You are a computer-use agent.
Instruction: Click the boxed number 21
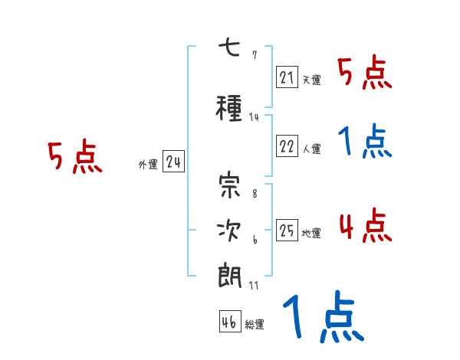point(287,77)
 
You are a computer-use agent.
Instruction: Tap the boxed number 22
point(287,146)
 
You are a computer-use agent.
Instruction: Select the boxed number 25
point(287,231)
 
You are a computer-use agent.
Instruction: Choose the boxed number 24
point(173,162)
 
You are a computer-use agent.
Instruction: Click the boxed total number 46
point(229,322)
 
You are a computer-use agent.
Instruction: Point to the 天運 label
point(311,79)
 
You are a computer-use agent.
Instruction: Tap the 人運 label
point(311,149)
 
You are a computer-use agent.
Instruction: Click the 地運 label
point(311,233)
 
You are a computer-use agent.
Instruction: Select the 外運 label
point(148,164)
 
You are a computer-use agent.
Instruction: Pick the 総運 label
point(255,324)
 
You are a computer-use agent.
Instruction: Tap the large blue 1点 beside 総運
point(322,317)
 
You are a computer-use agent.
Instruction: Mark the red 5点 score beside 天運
point(364,73)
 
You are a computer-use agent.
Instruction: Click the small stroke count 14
point(255,116)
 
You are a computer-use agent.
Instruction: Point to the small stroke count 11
point(254,285)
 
